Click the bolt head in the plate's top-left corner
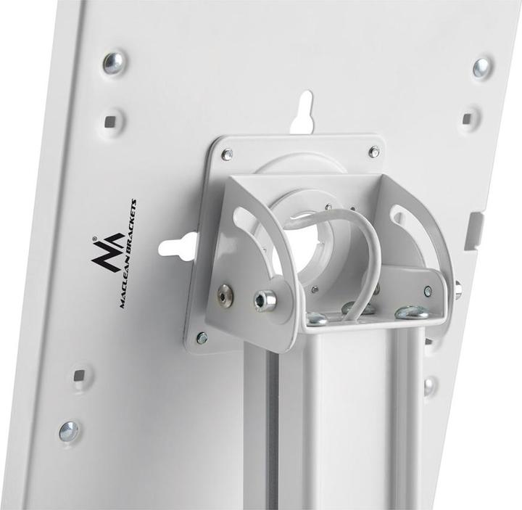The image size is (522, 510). [113, 62]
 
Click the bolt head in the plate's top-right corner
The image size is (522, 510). [481, 67]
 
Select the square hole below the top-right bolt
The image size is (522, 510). [468, 118]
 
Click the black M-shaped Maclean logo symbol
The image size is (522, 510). [107, 250]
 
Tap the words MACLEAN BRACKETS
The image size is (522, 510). [128, 254]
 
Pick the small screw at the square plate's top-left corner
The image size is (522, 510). [227, 155]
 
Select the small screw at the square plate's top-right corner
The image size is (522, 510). [373, 152]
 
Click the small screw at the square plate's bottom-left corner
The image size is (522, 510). [202, 337]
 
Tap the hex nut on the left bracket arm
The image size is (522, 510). [265, 300]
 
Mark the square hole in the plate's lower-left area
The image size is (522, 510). [79, 376]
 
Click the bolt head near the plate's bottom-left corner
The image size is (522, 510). [69, 431]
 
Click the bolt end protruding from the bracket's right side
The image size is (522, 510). [458, 289]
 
